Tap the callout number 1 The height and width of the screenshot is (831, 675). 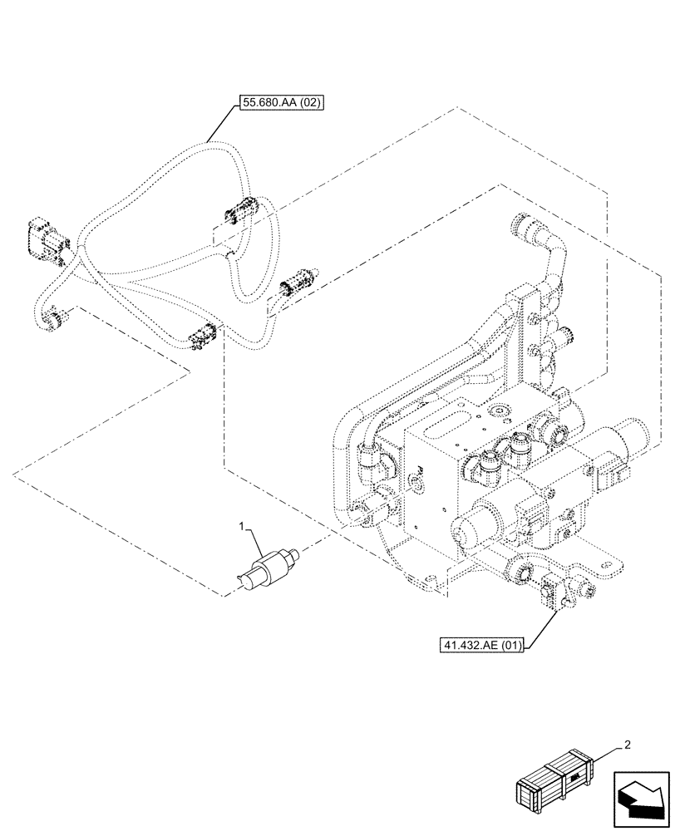[x=242, y=527]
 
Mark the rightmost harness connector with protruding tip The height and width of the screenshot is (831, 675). [x=298, y=283]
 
